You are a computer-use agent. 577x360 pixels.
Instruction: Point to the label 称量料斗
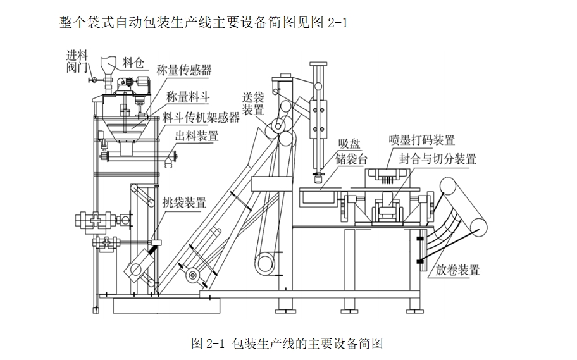(x=188, y=97)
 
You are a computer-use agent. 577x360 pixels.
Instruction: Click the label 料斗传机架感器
(x=201, y=117)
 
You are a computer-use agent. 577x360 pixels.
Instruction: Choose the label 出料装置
(x=197, y=135)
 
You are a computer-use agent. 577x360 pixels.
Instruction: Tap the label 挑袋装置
(x=184, y=203)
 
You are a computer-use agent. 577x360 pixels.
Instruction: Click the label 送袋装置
(x=253, y=103)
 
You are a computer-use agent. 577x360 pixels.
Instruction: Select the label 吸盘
(x=348, y=143)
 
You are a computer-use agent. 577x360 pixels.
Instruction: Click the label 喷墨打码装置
(x=421, y=140)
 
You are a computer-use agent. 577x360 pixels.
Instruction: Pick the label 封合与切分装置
(x=437, y=158)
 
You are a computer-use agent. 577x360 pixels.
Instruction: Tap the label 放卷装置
(x=457, y=270)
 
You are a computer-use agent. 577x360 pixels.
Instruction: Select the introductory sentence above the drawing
(x=204, y=23)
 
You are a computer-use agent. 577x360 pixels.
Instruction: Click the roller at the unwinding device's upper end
(x=449, y=187)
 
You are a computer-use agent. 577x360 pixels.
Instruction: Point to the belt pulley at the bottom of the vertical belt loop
(x=266, y=260)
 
